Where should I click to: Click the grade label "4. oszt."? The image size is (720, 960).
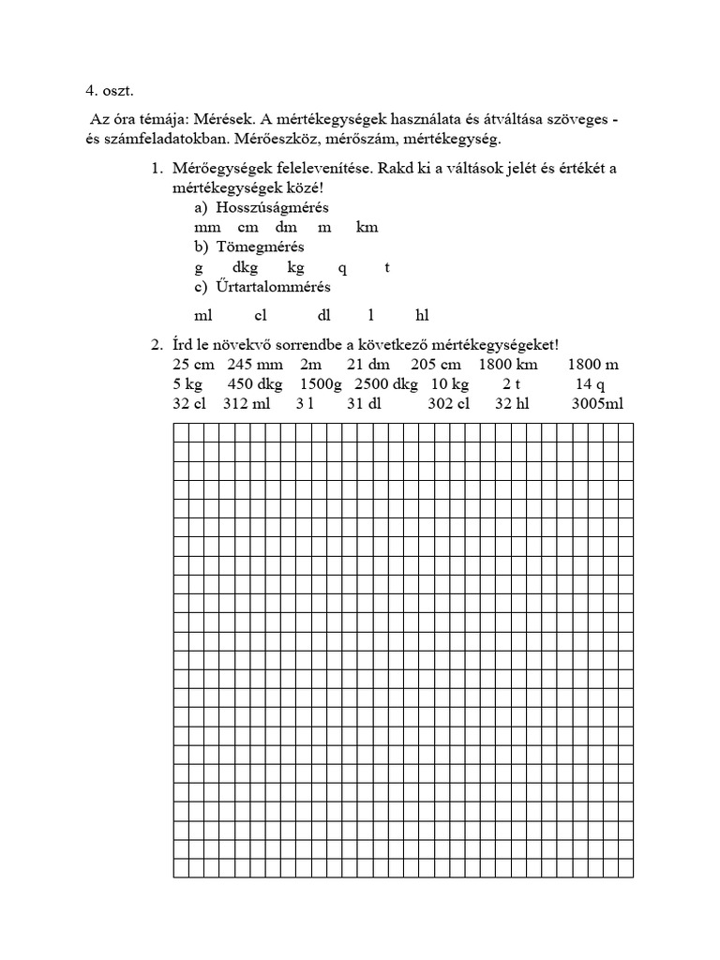tap(110, 91)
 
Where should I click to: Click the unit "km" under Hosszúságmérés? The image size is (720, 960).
tap(367, 227)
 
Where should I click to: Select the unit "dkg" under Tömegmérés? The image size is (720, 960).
tap(246, 267)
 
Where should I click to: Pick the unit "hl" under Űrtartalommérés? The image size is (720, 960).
tap(422, 316)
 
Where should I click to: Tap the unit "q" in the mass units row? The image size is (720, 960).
tap(342, 267)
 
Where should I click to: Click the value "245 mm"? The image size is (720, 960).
tap(254, 364)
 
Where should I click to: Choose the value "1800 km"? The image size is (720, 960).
tap(508, 364)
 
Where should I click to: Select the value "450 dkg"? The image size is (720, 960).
tap(255, 384)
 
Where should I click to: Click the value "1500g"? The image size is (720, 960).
tap(322, 384)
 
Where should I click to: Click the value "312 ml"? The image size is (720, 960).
tap(247, 404)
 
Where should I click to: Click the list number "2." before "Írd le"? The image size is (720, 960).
tap(157, 344)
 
